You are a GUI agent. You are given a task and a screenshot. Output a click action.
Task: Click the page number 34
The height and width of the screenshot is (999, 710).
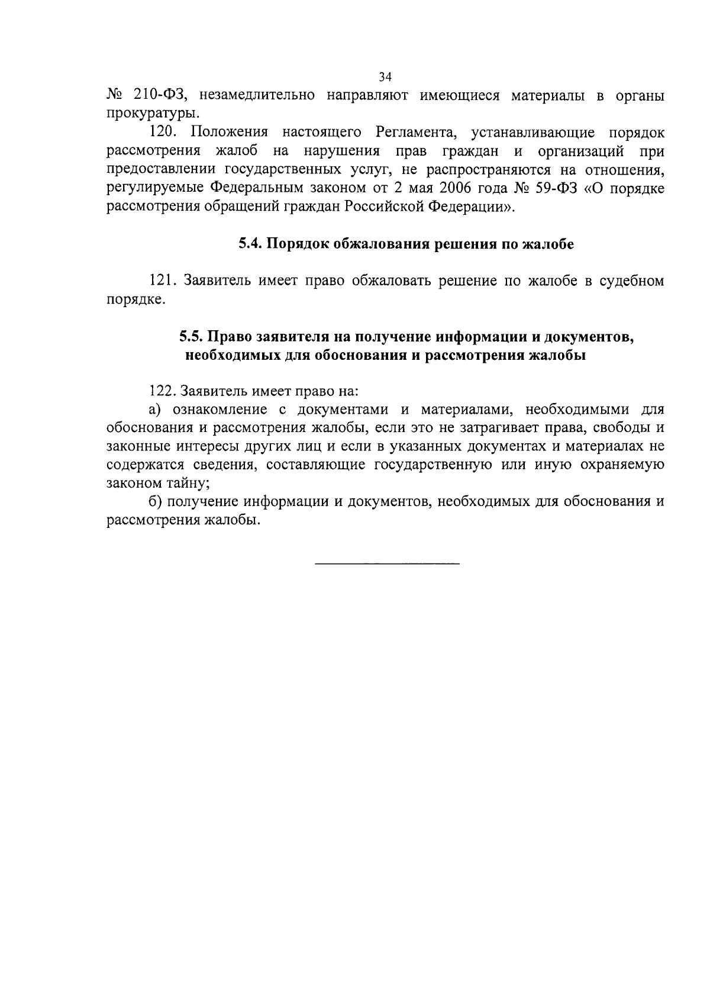[385, 77]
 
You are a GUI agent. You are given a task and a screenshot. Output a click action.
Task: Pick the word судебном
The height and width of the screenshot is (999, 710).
[631, 281]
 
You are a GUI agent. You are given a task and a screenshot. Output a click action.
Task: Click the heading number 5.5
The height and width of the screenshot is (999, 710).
[191, 337]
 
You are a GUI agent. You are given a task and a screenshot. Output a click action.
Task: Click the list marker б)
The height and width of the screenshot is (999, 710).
[155, 502]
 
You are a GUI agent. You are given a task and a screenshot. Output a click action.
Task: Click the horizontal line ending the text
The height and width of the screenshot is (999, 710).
[387, 563]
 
